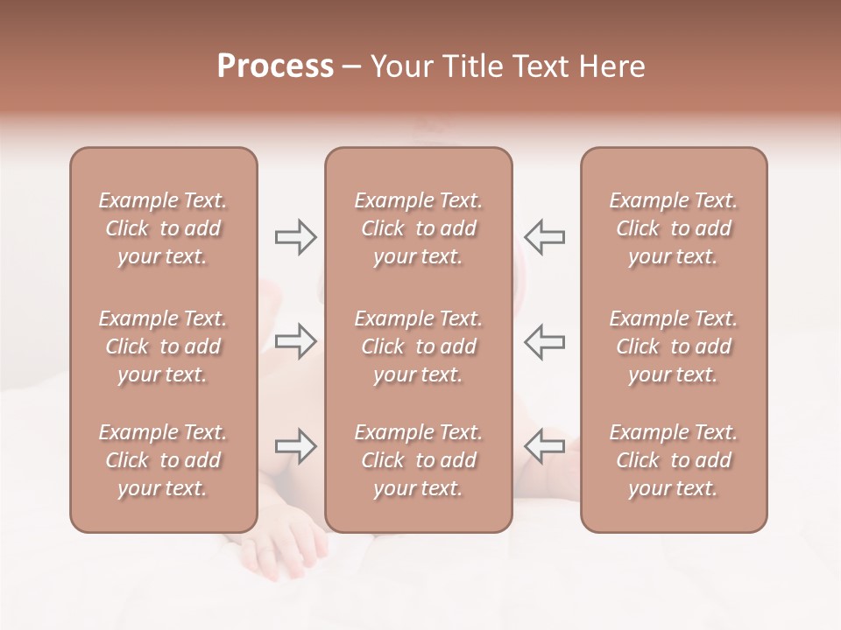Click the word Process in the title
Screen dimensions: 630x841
(x=275, y=66)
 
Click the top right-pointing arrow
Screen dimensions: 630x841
(x=295, y=236)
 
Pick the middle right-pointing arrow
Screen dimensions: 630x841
(x=295, y=340)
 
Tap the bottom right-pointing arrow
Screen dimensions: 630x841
(x=295, y=446)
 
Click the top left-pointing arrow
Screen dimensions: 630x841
(x=545, y=236)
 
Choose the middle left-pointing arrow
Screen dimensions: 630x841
(x=545, y=340)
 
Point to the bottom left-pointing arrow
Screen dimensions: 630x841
(x=545, y=446)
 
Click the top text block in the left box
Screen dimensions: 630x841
(x=163, y=228)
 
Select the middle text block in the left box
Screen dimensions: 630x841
(x=163, y=346)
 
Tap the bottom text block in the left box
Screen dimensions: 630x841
(x=163, y=460)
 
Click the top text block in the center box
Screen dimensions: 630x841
(x=418, y=228)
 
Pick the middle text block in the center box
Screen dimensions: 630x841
(x=418, y=346)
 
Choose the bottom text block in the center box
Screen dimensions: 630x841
(x=418, y=460)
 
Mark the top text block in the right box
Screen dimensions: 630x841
(x=673, y=228)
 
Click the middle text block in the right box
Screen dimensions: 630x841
(x=673, y=346)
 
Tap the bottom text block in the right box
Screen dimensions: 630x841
(x=673, y=460)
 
